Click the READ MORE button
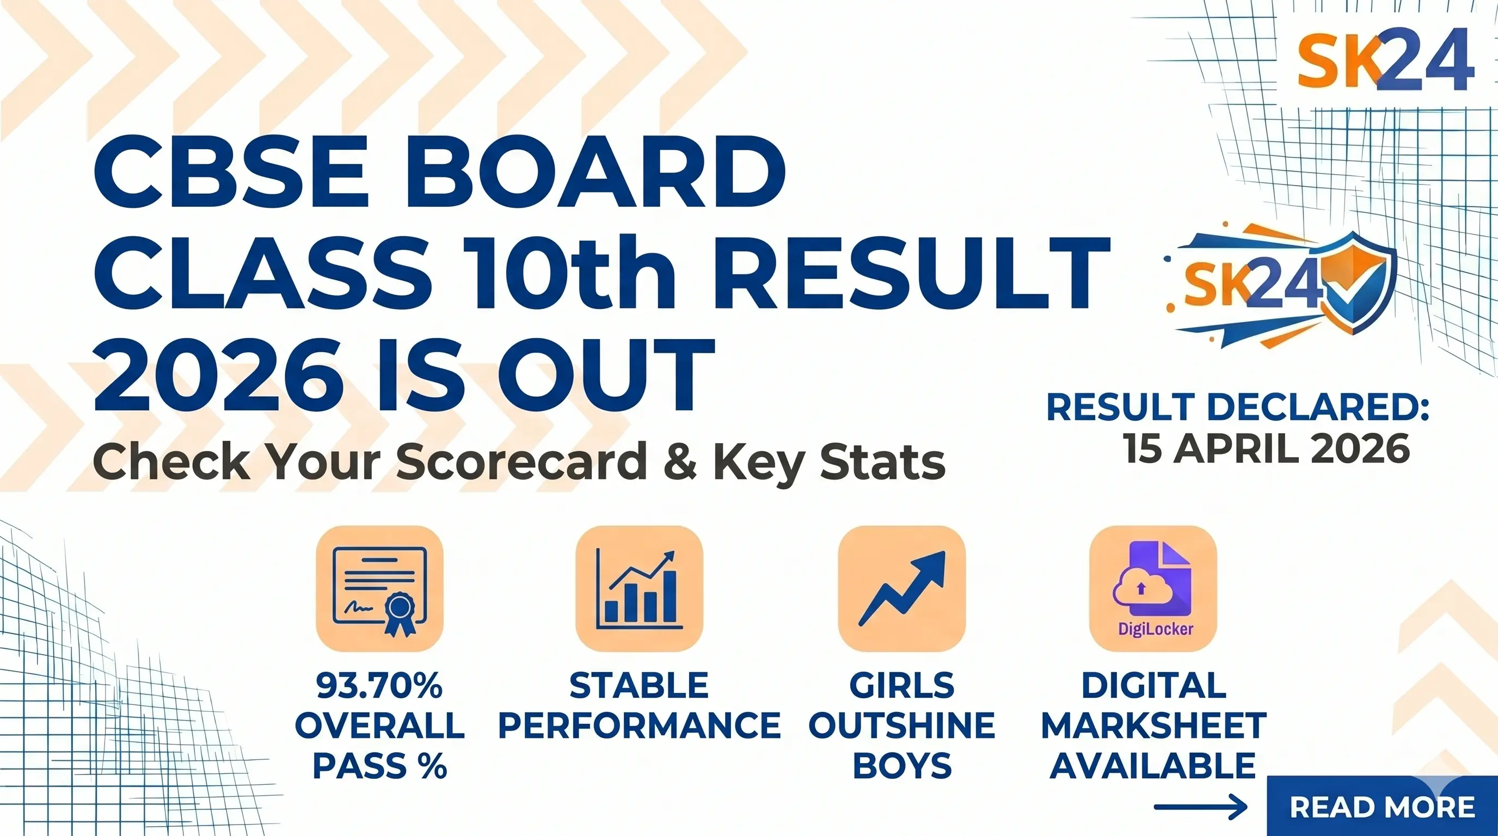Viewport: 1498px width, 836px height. pos(1382,807)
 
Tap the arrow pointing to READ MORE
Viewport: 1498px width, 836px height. pos(1200,807)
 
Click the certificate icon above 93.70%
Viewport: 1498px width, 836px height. pos(379,588)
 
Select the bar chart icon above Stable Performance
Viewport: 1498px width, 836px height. pos(639,588)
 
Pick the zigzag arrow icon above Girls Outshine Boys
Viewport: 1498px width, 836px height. pos(901,588)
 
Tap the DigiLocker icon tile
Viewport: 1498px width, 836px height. pos(1152,588)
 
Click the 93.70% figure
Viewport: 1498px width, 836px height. pos(379,685)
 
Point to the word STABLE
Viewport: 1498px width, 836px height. pos(639,685)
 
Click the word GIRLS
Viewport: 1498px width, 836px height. pos(902,685)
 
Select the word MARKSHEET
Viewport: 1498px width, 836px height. pos(1154,726)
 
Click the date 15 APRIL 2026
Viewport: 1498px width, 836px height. pos(1267,449)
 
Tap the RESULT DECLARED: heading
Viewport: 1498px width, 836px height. pos(1237,407)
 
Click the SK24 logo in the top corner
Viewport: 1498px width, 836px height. pos(1385,60)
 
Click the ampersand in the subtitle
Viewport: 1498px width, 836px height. pos(680,462)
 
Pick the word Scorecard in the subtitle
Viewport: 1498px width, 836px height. pos(521,462)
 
